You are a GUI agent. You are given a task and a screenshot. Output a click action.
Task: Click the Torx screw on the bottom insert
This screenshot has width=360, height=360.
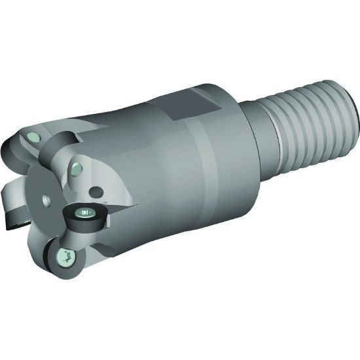click(66, 257)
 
